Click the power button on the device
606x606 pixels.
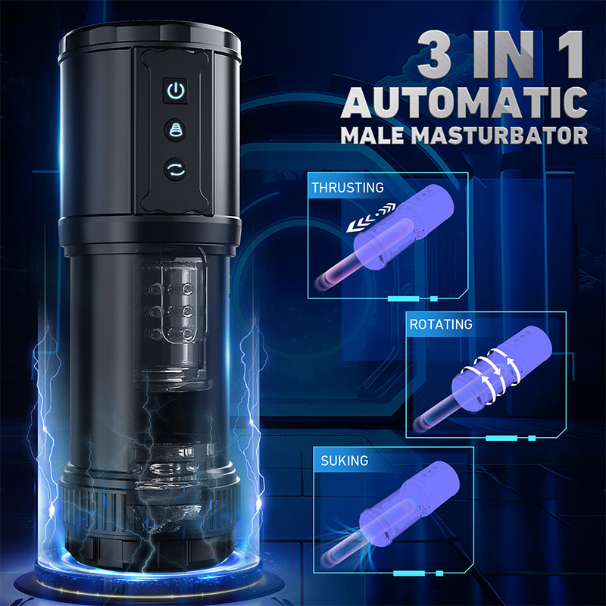(175, 92)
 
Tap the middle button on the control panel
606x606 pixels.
(175, 129)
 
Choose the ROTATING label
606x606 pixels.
(440, 324)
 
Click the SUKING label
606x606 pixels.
(345, 461)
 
